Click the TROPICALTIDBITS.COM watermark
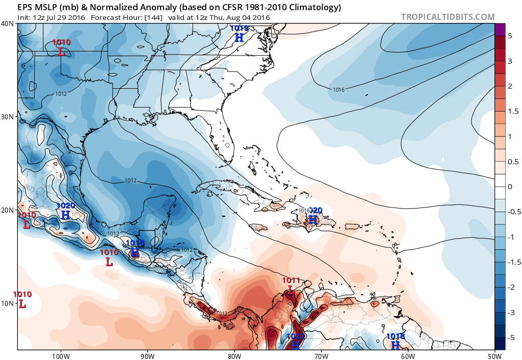448,17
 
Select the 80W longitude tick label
234,355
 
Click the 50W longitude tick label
494,355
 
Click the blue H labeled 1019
239,37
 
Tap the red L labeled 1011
290,290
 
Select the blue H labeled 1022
295,345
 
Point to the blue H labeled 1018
395,345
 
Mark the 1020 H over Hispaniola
313,220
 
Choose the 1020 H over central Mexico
65,215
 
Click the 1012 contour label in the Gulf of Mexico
131,181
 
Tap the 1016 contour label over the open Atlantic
339,90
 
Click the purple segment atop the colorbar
500,30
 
